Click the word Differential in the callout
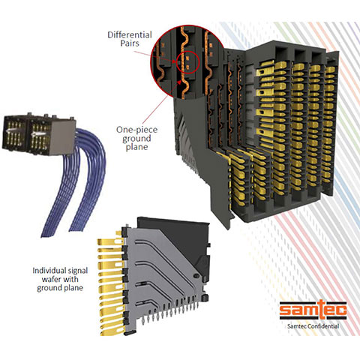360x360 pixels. [x=130, y=34]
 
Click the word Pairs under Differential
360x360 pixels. [x=130, y=43]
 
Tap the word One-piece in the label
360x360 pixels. [x=136, y=130]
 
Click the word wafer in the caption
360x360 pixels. [x=50, y=279]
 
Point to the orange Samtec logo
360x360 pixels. [x=313, y=310]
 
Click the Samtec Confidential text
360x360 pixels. [x=313, y=326]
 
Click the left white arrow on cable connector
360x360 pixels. [x=10, y=131]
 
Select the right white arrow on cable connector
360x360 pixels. [x=37, y=134]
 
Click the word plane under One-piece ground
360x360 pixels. [x=136, y=147]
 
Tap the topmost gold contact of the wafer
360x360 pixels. [x=109, y=241]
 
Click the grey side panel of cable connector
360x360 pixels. [x=62, y=136]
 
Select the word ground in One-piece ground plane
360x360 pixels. [x=136, y=139]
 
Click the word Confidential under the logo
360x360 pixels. [x=323, y=326]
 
